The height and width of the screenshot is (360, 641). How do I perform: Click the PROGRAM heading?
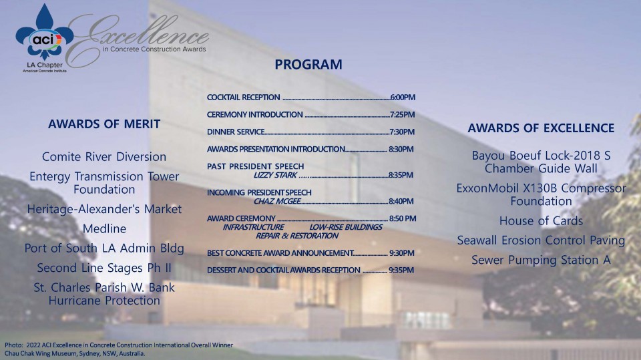coord(308,65)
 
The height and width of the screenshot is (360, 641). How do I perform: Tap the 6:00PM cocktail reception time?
coord(403,98)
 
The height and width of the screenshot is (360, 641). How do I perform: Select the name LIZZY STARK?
coord(274,175)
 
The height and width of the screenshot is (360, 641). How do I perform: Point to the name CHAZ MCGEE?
coord(277,201)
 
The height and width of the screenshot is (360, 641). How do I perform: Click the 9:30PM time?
coord(402,253)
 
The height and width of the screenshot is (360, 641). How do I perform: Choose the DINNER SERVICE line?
coord(236,132)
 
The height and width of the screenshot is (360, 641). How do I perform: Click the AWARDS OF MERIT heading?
coord(104,124)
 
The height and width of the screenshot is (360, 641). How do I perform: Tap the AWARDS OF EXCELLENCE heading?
coord(541,128)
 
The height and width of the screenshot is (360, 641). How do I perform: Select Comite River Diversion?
coord(104,157)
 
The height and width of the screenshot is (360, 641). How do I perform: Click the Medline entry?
coord(104,229)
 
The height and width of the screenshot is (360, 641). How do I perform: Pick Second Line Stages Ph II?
coord(104,268)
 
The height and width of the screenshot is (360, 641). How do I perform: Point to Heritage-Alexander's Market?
coord(104,209)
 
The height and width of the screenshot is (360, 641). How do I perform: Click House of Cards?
coord(541,220)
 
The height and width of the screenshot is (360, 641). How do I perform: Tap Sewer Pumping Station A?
coord(541,260)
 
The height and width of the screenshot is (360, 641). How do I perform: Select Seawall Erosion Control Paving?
coord(541,240)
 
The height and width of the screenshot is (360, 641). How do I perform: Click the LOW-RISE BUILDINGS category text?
coord(346,227)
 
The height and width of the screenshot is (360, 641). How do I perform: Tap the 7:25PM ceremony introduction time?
coord(403,115)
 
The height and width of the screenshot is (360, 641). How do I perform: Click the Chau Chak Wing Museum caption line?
coord(75,353)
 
